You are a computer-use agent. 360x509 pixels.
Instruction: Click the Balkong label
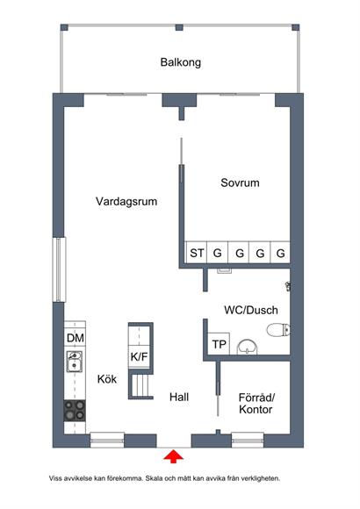(x=180, y=62)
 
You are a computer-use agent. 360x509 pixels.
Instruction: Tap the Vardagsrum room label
(x=126, y=201)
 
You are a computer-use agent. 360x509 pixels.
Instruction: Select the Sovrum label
(x=240, y=183)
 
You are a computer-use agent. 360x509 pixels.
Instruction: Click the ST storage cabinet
(x=197, y=252)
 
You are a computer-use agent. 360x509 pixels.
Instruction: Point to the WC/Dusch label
(x=251, y=310)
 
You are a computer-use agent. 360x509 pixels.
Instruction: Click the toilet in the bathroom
(x=278, y=330)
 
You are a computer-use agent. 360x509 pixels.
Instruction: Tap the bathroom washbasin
(x=248, y=347)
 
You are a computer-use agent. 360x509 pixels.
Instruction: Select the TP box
(x=219, y=344)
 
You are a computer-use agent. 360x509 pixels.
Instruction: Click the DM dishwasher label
(x=75, y=338)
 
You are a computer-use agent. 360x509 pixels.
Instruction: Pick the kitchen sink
(x=75, y=362)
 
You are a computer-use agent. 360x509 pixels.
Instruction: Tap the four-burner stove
(x=75, y=411)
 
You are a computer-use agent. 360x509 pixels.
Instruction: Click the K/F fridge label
(x=139, y=357)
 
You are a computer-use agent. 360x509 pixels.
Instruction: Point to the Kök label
(x=107, y=379)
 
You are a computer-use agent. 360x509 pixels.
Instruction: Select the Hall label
(x=179, y=397)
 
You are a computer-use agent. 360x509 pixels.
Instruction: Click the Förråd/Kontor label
(x=256, y=403)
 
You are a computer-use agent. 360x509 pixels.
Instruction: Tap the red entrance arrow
(x=174, y=455)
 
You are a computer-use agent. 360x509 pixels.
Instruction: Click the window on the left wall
(x=59, y=269)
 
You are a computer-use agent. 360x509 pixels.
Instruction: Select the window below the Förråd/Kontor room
(x=248, y=441)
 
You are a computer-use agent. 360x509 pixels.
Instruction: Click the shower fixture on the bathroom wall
(x=287, y=286)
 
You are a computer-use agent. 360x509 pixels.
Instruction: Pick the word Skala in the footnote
(x=153, y=478)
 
